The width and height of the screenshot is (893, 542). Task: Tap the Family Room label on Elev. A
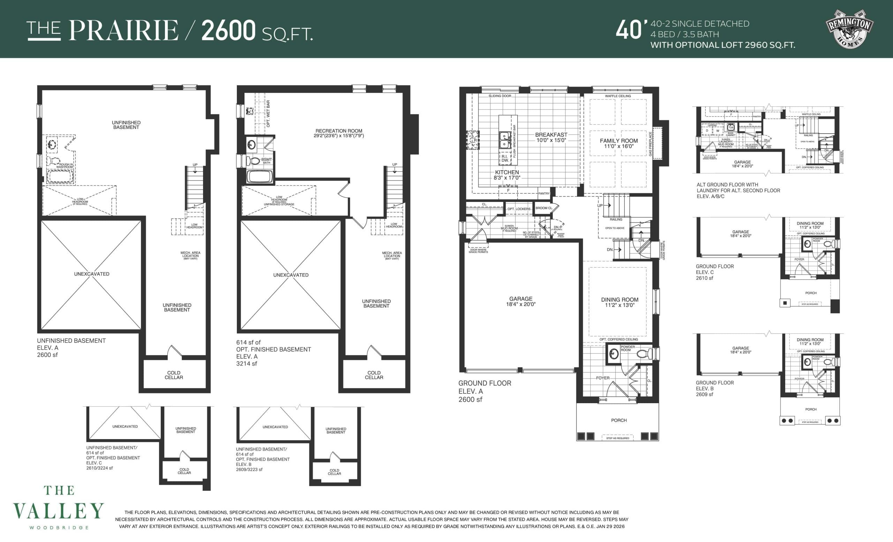(x=619, y=143)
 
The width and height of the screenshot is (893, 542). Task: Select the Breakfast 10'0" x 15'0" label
(x=551, y=137)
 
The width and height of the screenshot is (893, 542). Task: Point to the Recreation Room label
(x=338, y=133)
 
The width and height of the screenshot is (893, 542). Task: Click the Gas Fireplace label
(x=651, y=144)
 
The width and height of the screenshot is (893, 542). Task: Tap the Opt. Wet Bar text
(x=268, y=113)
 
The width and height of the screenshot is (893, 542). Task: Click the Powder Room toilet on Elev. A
(x=642, y=354)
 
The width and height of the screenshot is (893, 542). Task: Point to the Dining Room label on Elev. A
(x=620, y=302)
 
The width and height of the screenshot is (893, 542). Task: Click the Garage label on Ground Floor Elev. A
(x=520, y=301)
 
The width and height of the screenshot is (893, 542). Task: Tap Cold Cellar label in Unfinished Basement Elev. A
(x=174, y=375)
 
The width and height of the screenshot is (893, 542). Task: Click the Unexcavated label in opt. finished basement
(x=291, y=275)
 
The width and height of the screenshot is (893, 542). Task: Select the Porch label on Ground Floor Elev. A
(x=619, y=420)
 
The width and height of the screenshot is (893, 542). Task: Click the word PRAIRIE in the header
(x=123, y=30)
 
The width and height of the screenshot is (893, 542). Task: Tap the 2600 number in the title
(x=228, y=30)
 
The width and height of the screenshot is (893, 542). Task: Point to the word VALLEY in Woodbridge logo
(x=59, y=511)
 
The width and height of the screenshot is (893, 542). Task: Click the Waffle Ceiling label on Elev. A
(x=617, y=96)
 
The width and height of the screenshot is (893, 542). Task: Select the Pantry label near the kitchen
(x=543, y=194)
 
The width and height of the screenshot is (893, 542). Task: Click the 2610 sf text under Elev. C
(x=704, y=278)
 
